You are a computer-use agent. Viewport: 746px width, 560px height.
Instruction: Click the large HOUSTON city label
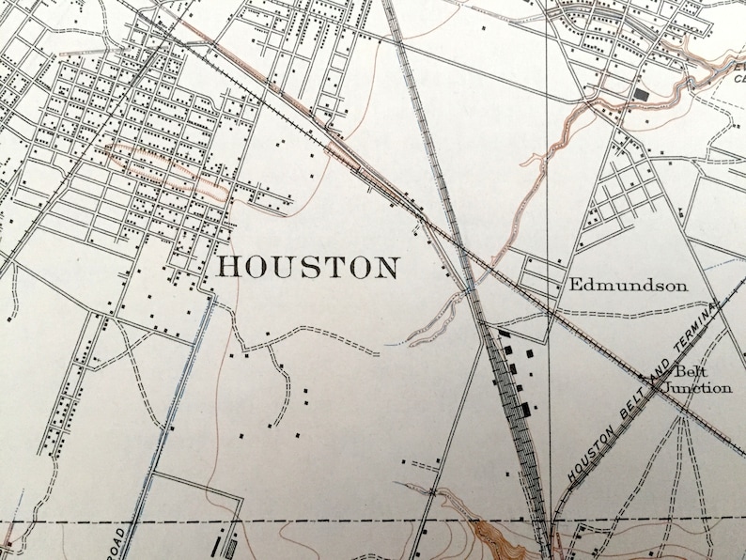click(x=307, y=267)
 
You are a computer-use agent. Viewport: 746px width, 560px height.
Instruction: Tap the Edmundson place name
click(x=628, y=286)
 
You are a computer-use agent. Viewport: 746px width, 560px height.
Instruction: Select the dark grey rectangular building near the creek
click(x=643, y=95)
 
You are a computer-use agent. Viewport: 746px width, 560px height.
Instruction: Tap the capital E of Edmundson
click(x=574, y=286)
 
